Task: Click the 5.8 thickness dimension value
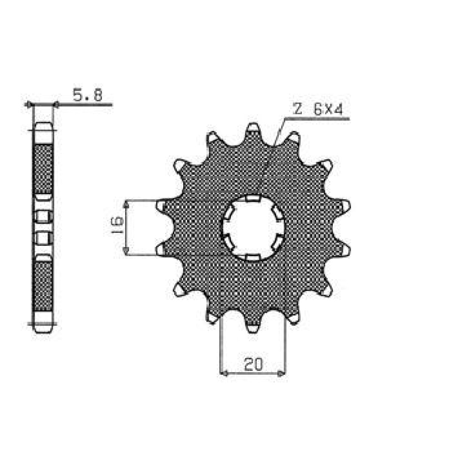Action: pos(87,96)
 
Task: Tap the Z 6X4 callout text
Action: pos(318,110)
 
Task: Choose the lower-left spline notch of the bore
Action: pos(229,243)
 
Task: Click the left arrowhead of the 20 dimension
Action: pos(224,373)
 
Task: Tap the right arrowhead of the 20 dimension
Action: pos(282,373)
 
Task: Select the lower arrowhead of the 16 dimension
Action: pos(126,250)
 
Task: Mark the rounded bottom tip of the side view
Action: pos(43,328)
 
